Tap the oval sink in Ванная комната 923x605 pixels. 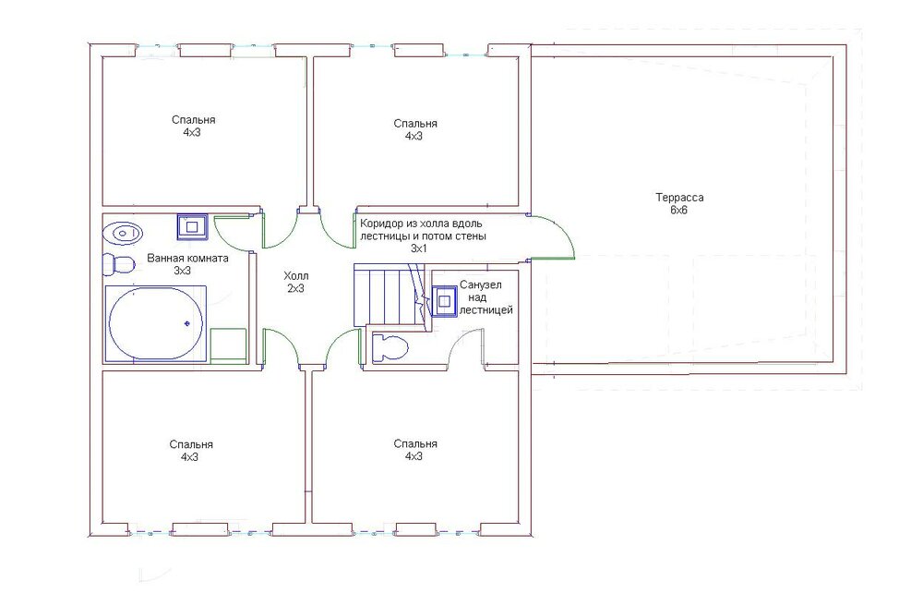(x=123, y=234)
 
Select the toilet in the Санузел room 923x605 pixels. (x=390, y=347)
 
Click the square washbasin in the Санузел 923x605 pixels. (x=445, y=302)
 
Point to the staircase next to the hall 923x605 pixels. (x=390, y=295)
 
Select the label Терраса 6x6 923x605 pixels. (x=678, y=204)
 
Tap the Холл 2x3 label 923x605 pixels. (x=295, y=282)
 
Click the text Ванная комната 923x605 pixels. (x=187, y=258)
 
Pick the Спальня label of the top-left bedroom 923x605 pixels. (x=194, y=119)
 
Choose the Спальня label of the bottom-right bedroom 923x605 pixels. (x=415, y=443)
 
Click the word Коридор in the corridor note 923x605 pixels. (x=383, y=224)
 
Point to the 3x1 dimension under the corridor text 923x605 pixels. (x=418, y=248)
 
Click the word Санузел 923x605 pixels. (x=481, y=285)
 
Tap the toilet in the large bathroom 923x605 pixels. (x=119, y=264)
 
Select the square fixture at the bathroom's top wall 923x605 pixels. (x=192, y=227)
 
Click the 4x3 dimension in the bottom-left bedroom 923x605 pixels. (x=189, y=456)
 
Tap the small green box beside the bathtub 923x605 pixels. (x=228, y=345)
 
